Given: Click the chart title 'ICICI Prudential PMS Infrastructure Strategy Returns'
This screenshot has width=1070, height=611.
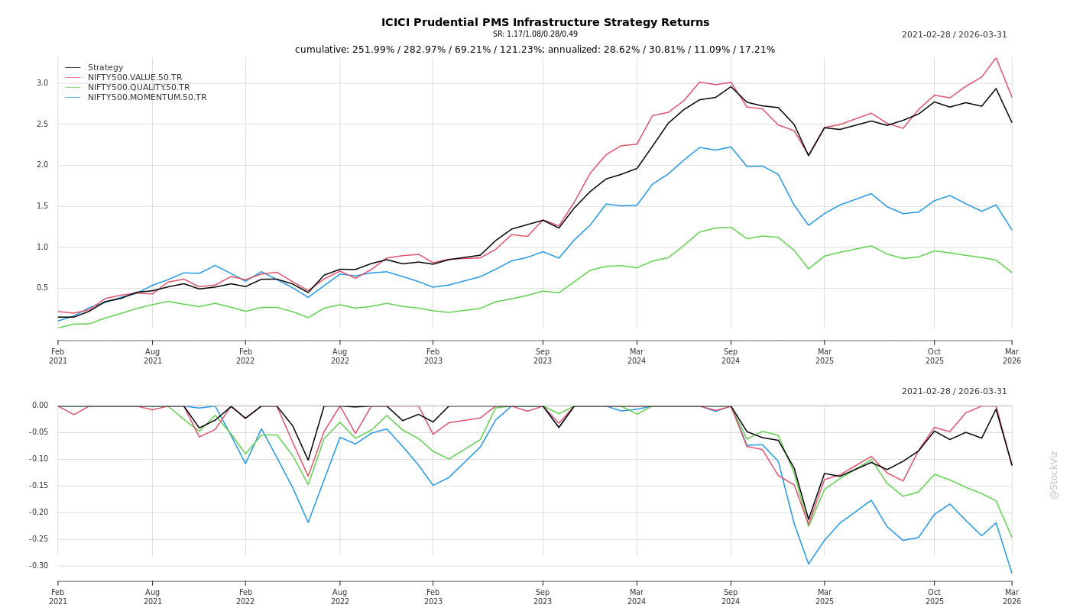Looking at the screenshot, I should [545, 22].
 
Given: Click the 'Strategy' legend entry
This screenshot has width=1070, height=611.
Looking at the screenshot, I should [105, 68].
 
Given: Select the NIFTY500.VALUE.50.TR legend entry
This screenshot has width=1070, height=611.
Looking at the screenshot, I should [135, 78].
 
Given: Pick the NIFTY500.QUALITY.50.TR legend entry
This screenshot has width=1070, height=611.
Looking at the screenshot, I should [138, 88].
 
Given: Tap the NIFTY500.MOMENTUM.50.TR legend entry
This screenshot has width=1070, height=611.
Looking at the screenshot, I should [147, 98].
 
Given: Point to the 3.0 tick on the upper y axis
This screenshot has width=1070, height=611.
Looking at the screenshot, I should [42, 83].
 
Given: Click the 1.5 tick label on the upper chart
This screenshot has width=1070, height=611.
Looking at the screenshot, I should [42, 206].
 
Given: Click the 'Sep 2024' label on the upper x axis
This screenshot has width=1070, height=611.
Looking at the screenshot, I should [731, 356].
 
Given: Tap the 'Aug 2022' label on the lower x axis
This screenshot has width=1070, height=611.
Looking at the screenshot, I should [339, 596].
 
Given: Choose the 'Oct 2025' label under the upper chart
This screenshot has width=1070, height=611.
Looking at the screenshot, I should [935, 356].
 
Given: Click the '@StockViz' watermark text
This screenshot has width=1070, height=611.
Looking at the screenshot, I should [1054, 474].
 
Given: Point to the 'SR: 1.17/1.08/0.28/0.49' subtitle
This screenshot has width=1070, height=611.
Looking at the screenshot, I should [535, 34].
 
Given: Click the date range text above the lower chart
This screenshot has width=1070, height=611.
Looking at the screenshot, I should [954, 392].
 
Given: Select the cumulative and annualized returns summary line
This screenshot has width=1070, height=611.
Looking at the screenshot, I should [535, 50].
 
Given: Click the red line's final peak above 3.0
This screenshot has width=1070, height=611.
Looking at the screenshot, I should [996, 57].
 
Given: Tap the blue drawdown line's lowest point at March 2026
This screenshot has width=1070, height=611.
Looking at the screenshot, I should [1011, 573].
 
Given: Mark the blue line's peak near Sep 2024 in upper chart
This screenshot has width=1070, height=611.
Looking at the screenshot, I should [731, 147].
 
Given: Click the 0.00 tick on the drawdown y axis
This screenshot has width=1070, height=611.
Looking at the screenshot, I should [40, 406].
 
